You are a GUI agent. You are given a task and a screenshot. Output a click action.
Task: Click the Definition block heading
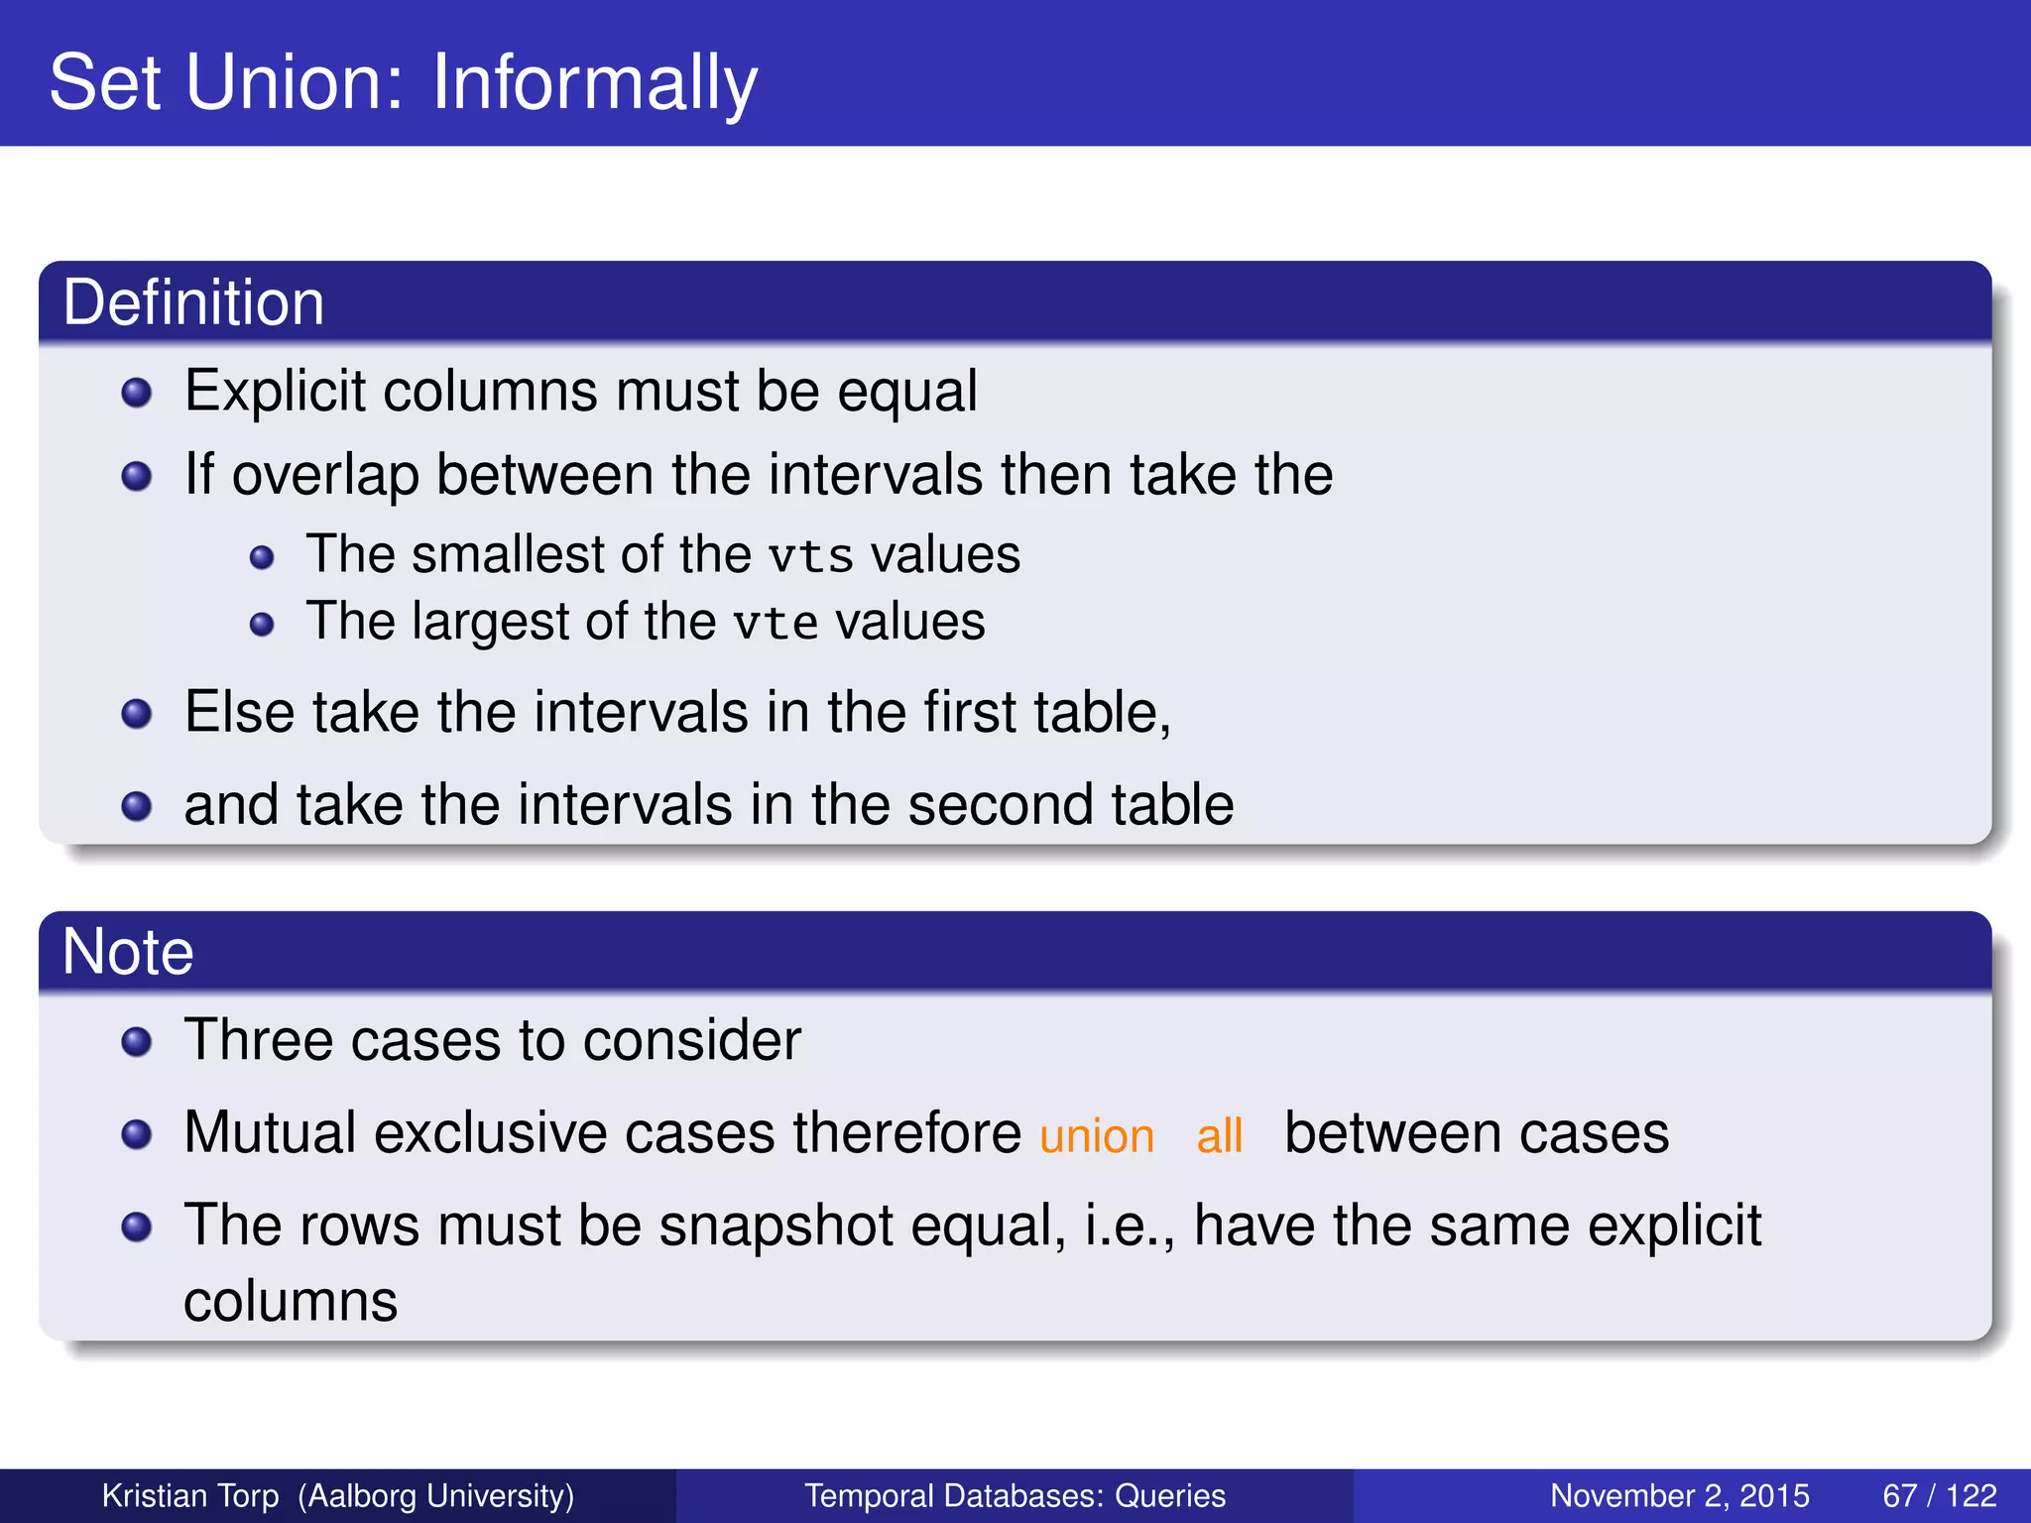click(193, 302)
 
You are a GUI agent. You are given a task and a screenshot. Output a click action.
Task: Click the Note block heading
click(127, 952)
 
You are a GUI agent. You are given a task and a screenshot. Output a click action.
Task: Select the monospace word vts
click(810, 556)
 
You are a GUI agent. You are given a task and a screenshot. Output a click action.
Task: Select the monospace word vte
click(775, 624)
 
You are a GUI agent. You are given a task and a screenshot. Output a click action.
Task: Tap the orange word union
click(1096, 1136)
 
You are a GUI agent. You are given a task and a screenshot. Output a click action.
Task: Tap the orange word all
click(1219, 1136)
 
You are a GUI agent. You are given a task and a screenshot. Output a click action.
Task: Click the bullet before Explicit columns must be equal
click(136, 394)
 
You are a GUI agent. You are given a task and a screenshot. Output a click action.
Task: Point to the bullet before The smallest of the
click(262, 558)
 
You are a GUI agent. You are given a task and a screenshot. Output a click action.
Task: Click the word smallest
click(508, 554)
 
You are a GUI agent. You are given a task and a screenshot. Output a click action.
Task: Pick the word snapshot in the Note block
click(776, 1226)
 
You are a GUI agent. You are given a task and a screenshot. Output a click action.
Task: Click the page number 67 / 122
click(1939, 1495)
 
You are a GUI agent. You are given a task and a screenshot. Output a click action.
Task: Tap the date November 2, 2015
click(1679, 1495)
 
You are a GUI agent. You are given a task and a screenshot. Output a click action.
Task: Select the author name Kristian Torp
click(190, 1495)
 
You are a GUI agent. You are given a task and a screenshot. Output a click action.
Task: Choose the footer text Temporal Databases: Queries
click(1015, 1495)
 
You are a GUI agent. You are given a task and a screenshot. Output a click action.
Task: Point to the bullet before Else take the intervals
click(136, 714)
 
